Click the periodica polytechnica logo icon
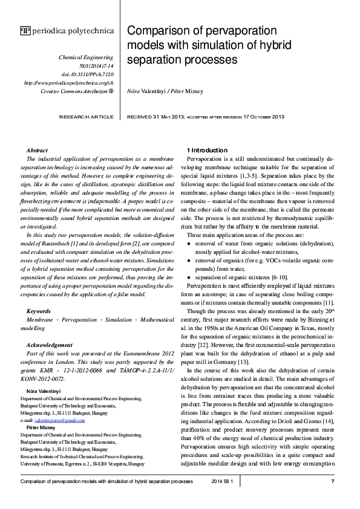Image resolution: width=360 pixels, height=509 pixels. pyautogui.click(x=25, y=30)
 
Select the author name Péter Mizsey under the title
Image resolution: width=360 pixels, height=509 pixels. pyautogui.click(x=195, y=91)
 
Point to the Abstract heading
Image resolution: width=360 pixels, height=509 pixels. pyautogui.click(x=38, y=150)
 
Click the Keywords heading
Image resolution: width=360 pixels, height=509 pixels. pyautogui.click(x=39, y=311)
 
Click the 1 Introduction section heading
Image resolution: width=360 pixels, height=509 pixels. pyautogui.click(x=207, y=150)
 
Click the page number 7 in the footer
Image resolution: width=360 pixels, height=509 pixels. pyautogui.click(x=333, y=481)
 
